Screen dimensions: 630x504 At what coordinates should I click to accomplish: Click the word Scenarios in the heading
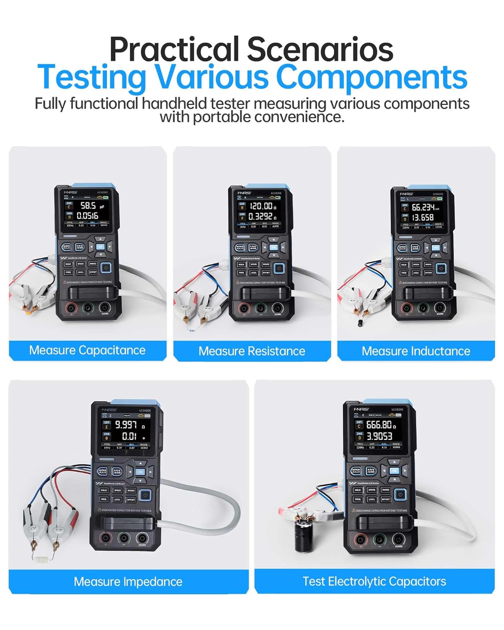[320, 50]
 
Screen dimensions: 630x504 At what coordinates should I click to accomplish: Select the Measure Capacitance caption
[87, 350]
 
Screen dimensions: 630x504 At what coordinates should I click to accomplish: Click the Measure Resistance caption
[252, 351]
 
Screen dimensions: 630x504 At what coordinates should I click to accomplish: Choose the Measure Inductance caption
[416, 351]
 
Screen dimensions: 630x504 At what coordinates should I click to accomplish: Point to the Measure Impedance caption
[128, 582]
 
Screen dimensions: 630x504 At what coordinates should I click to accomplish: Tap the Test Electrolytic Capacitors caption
[374, 582]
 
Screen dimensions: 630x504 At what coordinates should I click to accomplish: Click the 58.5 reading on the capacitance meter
[88, 206]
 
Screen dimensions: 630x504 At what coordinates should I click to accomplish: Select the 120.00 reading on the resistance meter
[261, 206]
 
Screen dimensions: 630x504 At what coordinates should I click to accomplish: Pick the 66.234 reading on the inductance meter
[423, 207]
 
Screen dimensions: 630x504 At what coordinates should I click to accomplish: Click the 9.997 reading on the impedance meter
[126, 425]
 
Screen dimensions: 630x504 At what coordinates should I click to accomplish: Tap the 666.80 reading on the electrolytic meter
[379, 425]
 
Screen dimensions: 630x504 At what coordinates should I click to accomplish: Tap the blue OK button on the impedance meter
[140, 472]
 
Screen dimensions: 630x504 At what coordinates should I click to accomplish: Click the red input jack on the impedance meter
[105, 538]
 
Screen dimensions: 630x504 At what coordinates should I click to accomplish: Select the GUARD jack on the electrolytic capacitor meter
[398, 539]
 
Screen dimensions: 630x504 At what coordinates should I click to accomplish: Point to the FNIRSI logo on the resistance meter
[244, 193]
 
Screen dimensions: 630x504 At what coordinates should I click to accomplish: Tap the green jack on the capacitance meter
[87, 308]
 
